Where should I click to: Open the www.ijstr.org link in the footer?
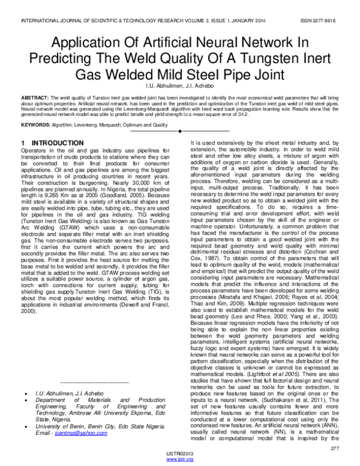[x=179, y=460]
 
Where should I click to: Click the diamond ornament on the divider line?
[x=180, y=129]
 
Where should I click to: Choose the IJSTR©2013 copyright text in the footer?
[x=179, y=453]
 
